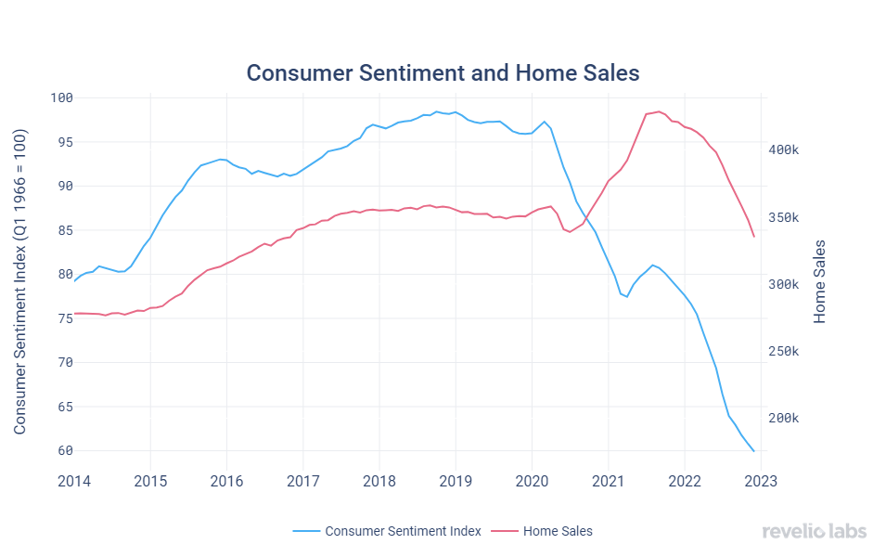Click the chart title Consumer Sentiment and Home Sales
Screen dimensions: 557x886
pos(443,72)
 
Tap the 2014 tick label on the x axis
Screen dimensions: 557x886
pos(73,480)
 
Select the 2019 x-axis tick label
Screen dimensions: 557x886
pos(455,480)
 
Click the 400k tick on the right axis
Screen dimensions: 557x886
pos(786,149)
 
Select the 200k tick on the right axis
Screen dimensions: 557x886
pos(786,419)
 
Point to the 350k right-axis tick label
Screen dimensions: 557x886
pos(786,217)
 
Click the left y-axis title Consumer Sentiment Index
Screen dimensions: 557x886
pos(20,282)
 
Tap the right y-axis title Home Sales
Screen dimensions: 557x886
pos(819,282)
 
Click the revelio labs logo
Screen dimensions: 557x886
pos(814,531)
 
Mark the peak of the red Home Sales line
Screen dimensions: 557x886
pos(658,111)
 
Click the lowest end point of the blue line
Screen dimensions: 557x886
pos(753,451)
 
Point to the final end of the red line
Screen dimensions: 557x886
pos(753,237)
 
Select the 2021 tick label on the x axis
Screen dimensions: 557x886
pos(608,480)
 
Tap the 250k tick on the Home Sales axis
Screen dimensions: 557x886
pos(786,352)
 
